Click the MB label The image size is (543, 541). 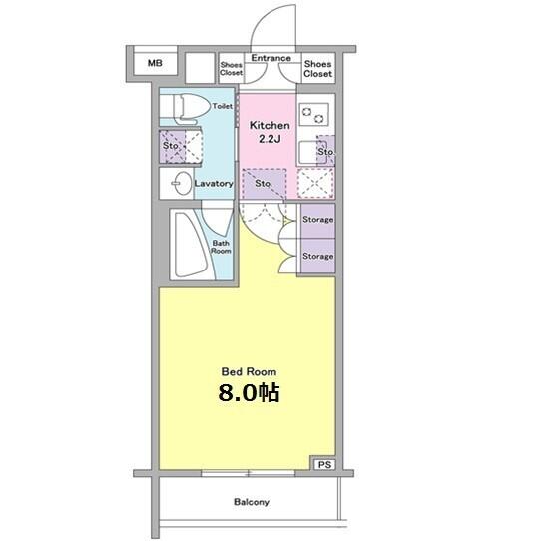coord(155,63)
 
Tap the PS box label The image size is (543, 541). coord(324,464)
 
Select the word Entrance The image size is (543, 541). coord(271,58)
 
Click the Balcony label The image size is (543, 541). coord(252,502)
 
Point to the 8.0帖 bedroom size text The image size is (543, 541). coord(249,392)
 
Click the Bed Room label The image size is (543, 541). coord(249,372)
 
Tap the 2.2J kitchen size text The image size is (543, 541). coord(270,139)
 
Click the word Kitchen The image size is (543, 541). coord(270,125)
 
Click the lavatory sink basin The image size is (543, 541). coord(182,183)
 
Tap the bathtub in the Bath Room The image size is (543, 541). coord(191,245)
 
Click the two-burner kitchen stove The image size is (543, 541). coord(313,116)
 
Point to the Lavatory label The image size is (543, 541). coord(214,184)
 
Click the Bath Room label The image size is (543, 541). coord(221,247)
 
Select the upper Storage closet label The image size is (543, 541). coord(317,220)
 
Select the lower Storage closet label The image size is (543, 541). coord(317,256)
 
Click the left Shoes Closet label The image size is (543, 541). coord(231,69)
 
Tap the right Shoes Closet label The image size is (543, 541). coord(317,69)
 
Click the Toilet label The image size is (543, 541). coord(222,106)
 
